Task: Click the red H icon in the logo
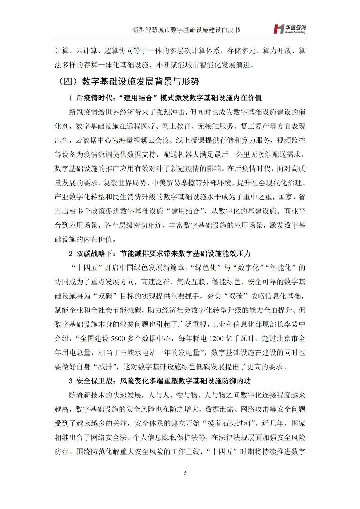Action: click(279, 29)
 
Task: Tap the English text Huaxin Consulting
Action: click(295, 32)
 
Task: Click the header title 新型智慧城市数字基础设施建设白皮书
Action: click(186, 30)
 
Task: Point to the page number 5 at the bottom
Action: click(185, 473)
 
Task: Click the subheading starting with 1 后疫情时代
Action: click(165, 98)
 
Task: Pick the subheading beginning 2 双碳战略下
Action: click(160, 254)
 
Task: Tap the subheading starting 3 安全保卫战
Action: click(160, 381)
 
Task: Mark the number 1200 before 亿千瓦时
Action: click(216, 339)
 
